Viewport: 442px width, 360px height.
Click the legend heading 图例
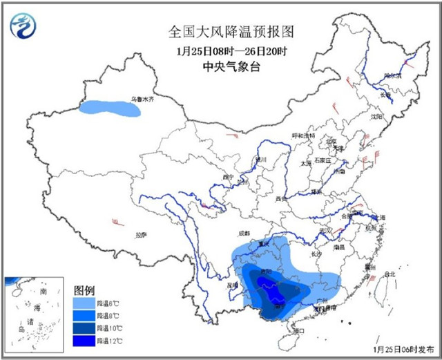pos(84,290)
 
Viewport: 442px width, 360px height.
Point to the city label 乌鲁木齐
pos(144,100)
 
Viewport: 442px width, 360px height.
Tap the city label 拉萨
pos(142,234)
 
